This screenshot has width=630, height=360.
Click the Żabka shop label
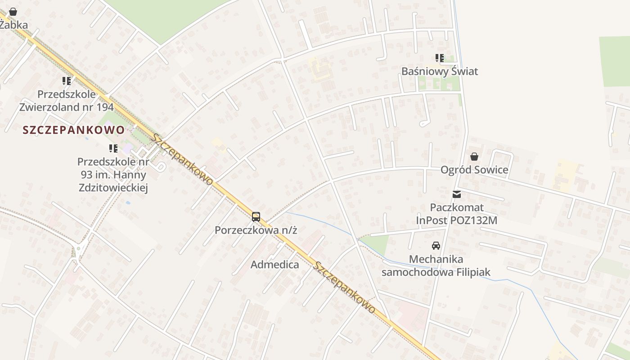pyautogui.click(x=13, y=25)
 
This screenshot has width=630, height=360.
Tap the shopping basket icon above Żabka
pyautogui.click(x=13, y=12)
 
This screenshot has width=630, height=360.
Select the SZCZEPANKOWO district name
pyautogui.click(x=74, y=130)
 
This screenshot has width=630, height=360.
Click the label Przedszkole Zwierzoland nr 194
pyautogui.click(x=67, y=101)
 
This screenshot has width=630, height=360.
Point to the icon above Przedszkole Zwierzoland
pyautogui.click(x=67, y=81)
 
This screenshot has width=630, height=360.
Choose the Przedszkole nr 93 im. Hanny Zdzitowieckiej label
pyautogui.click(x=112, y=175)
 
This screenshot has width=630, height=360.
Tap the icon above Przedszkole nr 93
pyautogui.click(x=113, y=148)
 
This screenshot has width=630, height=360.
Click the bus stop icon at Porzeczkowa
pyautogui.click(x=256, y=217)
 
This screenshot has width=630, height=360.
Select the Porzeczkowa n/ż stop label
pyautogui.click(x=256, y=230)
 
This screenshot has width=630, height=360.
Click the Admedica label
pyautogui.click(x=274, y=265)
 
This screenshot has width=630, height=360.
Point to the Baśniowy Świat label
pyautogui.click(x=439, y=72)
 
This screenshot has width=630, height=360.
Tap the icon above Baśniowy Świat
pyautogui.click(x=439, y=58)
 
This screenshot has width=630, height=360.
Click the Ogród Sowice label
pyautogui.click(x=474, y=170)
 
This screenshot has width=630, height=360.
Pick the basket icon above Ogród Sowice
pyautogui.click(x=474, y=157)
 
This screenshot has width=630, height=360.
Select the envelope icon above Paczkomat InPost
pyautogui.click(x=457, y=194)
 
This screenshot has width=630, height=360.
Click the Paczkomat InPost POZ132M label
pyautogui.click(x=457, y=214)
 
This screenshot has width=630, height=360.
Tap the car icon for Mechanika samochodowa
pyautogui.click(x=436, y=246)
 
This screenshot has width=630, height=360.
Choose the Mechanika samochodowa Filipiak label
pyautogui.click(x=436, y=266)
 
